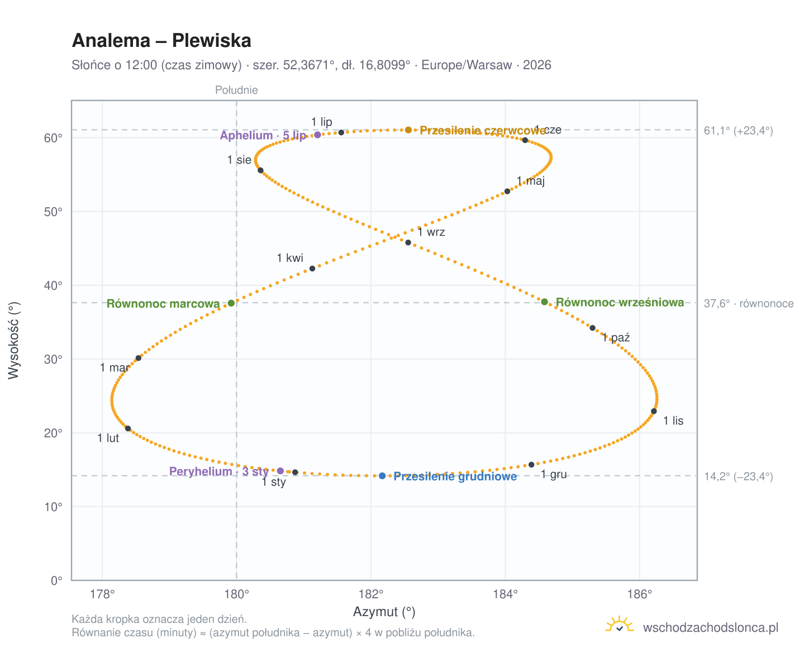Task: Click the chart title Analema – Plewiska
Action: coord(161,40)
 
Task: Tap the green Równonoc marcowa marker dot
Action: coord(231,302)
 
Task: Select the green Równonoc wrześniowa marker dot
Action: coord(544,301)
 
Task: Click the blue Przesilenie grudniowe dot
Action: coord(382,475)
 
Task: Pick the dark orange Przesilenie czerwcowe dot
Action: coord(408,130)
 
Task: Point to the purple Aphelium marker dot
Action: coord(317,134)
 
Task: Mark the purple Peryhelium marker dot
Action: coord(280,470)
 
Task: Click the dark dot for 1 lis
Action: coord(653,411)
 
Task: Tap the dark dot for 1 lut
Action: coord(128,428)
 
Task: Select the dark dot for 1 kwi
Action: coord(312,268)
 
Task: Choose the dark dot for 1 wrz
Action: coord(408,242)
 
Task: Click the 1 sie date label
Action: coord(239,160)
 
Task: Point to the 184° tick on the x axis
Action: coord(505,594)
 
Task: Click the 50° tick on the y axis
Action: coord(53,212)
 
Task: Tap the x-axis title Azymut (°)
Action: coord(384,611)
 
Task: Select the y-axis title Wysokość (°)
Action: coord(13,340)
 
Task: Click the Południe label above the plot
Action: coord(236,90)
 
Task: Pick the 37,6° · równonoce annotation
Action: coord(748,303)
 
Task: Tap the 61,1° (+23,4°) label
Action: coord(737,131)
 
